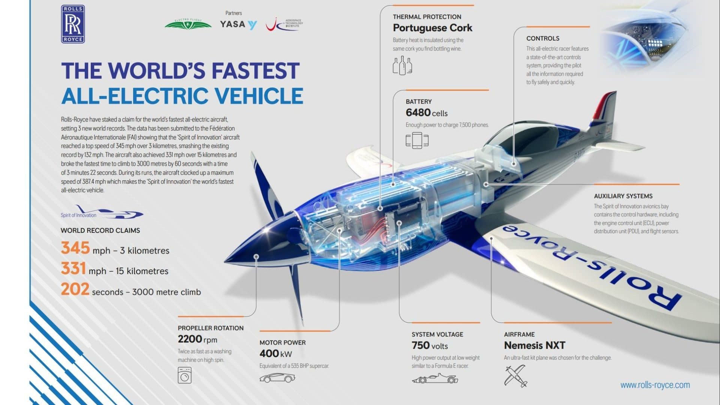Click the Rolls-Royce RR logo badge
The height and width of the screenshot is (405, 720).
pyautogui.click(x=73, y=24)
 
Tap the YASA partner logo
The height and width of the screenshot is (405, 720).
pyautogui.click(x=238, y=25)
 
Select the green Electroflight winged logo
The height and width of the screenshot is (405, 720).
pyautogui.click(x=188, y=24)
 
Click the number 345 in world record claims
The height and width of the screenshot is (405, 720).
pyautogui.click(x=75, y=248)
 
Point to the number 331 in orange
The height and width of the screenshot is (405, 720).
pyautogui.click(x=73, y=268)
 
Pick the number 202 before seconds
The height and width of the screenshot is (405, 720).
pyautogui.click(x=75, y=289)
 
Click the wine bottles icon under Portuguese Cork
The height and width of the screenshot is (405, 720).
pyautogui.click(x=402, y=66)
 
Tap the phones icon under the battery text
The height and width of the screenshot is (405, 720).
pyautogui.click(x=417, y=140)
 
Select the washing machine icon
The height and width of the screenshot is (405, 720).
pyautogui.click(x=184, y=375)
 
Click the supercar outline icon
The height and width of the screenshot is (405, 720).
pyautogui.click(x=277, y=378)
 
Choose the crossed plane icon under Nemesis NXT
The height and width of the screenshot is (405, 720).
pyautogui.click(x=516, y=376)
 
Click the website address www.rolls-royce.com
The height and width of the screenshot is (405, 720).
pyautogui.click(x=655, y=385)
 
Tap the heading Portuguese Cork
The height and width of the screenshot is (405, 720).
pyautogui.click(x=432, y=28)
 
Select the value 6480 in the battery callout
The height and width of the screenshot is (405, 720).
pyautogui.click(x=418, y=112)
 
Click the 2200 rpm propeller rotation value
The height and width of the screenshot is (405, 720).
pyautogui.click(x=197, y=339)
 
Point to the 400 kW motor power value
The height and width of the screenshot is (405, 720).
pyautogui.click(x=276, y=354)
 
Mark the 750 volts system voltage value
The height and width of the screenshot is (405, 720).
pyautogui.click(x=430, y=345)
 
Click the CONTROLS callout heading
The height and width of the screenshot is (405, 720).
pyautogui.click(x=543, y=38)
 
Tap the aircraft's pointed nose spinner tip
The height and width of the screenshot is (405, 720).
pyautogui.click(x=225, y=261)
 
